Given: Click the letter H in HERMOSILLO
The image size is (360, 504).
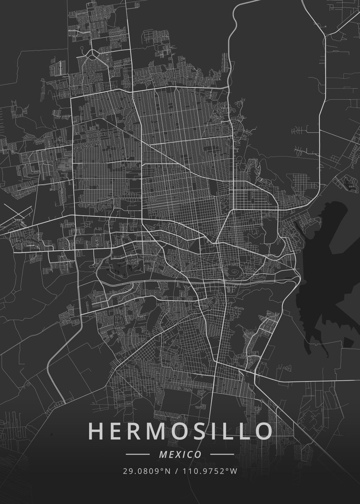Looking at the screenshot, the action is coord(96,431).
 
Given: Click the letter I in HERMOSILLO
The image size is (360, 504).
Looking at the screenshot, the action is coord(218,431).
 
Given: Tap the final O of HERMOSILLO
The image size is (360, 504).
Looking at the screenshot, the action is coord(263,431).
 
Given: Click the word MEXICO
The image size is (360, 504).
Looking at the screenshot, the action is coord(180,454).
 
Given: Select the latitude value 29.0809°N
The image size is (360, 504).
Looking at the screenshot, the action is coord(147,471).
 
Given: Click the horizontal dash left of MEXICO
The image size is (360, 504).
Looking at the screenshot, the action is coord(138,454).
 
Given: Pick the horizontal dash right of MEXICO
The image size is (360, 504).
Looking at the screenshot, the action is coord(222,454).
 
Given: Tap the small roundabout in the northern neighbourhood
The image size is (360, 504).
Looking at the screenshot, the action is coord(91,53).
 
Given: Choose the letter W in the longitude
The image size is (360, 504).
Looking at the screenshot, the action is coord(234,471).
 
